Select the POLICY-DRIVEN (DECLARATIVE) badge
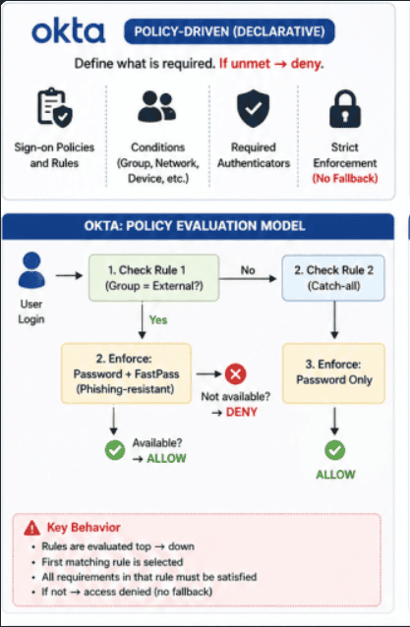pyautogui.click(x=228, y=31)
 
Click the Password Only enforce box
pyautogui.click(x=334, y=370)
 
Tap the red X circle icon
pyautogui.click(x=236, y=373)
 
